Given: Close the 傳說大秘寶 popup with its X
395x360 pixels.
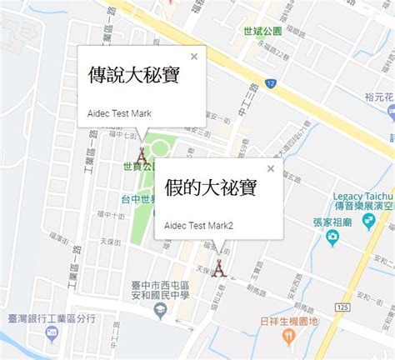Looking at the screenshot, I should point(193,57).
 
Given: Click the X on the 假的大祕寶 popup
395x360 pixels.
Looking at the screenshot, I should point(270,168).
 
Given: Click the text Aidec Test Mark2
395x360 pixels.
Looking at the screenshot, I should point(198,225).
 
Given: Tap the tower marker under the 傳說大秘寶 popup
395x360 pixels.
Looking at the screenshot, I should point(142,155).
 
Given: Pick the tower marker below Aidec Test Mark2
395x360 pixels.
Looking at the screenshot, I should point(218,267).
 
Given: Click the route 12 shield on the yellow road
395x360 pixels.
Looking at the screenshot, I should point(271,83).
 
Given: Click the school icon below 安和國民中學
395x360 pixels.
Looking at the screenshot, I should point(157,311).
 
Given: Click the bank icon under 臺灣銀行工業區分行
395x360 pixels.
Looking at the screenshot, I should point(52,333).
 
